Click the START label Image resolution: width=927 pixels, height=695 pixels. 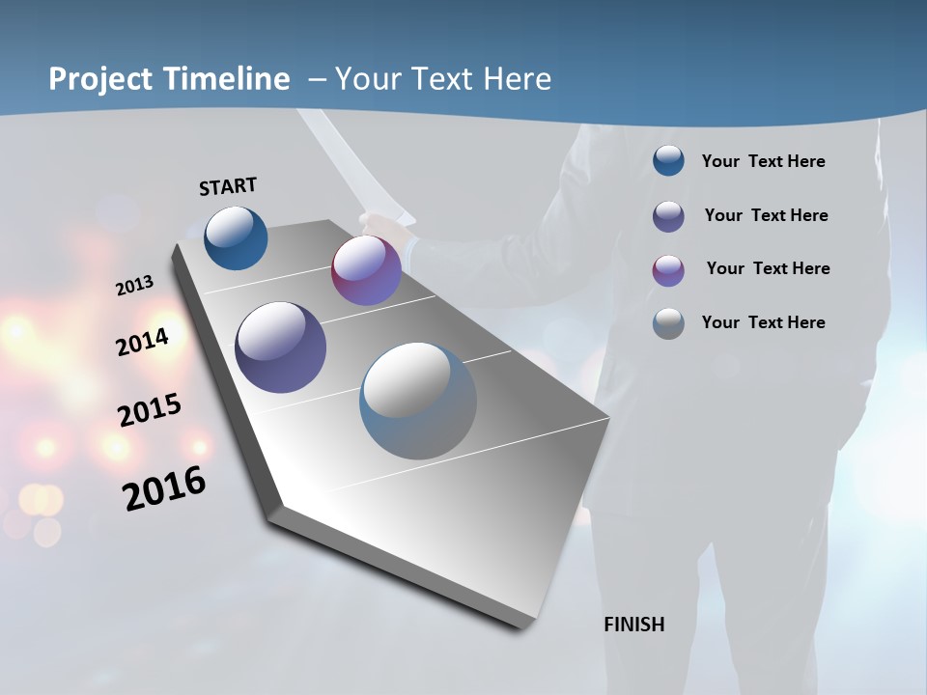tap(228, 186)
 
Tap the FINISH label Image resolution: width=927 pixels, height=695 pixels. tap(634, 625)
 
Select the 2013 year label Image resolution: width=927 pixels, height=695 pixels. tap(134, 286)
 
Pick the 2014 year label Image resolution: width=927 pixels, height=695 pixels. tap(142, 342)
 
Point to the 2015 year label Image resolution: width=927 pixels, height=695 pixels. tap(150, 410)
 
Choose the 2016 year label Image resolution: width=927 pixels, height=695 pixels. tap(164, 488)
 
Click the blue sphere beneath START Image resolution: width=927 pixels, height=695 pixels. tap(236, 237)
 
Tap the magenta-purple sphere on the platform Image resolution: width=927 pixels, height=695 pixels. tap(366, 270)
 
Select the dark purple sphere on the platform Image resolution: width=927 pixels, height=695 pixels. tap(280, 347)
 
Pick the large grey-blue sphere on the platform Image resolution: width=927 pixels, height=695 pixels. tap(418, 401)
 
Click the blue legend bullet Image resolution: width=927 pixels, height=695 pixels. tap(668, 160)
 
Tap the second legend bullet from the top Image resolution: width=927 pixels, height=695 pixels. tap(668, 216)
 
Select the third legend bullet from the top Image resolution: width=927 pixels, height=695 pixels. tap(668, 270)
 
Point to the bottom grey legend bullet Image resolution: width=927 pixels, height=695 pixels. tap(668, 323)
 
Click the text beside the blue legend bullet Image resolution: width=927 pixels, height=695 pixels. tap(764, 161)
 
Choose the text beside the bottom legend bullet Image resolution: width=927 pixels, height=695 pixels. tap(764, 322)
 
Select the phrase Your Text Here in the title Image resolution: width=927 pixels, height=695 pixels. tap(443, 79)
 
